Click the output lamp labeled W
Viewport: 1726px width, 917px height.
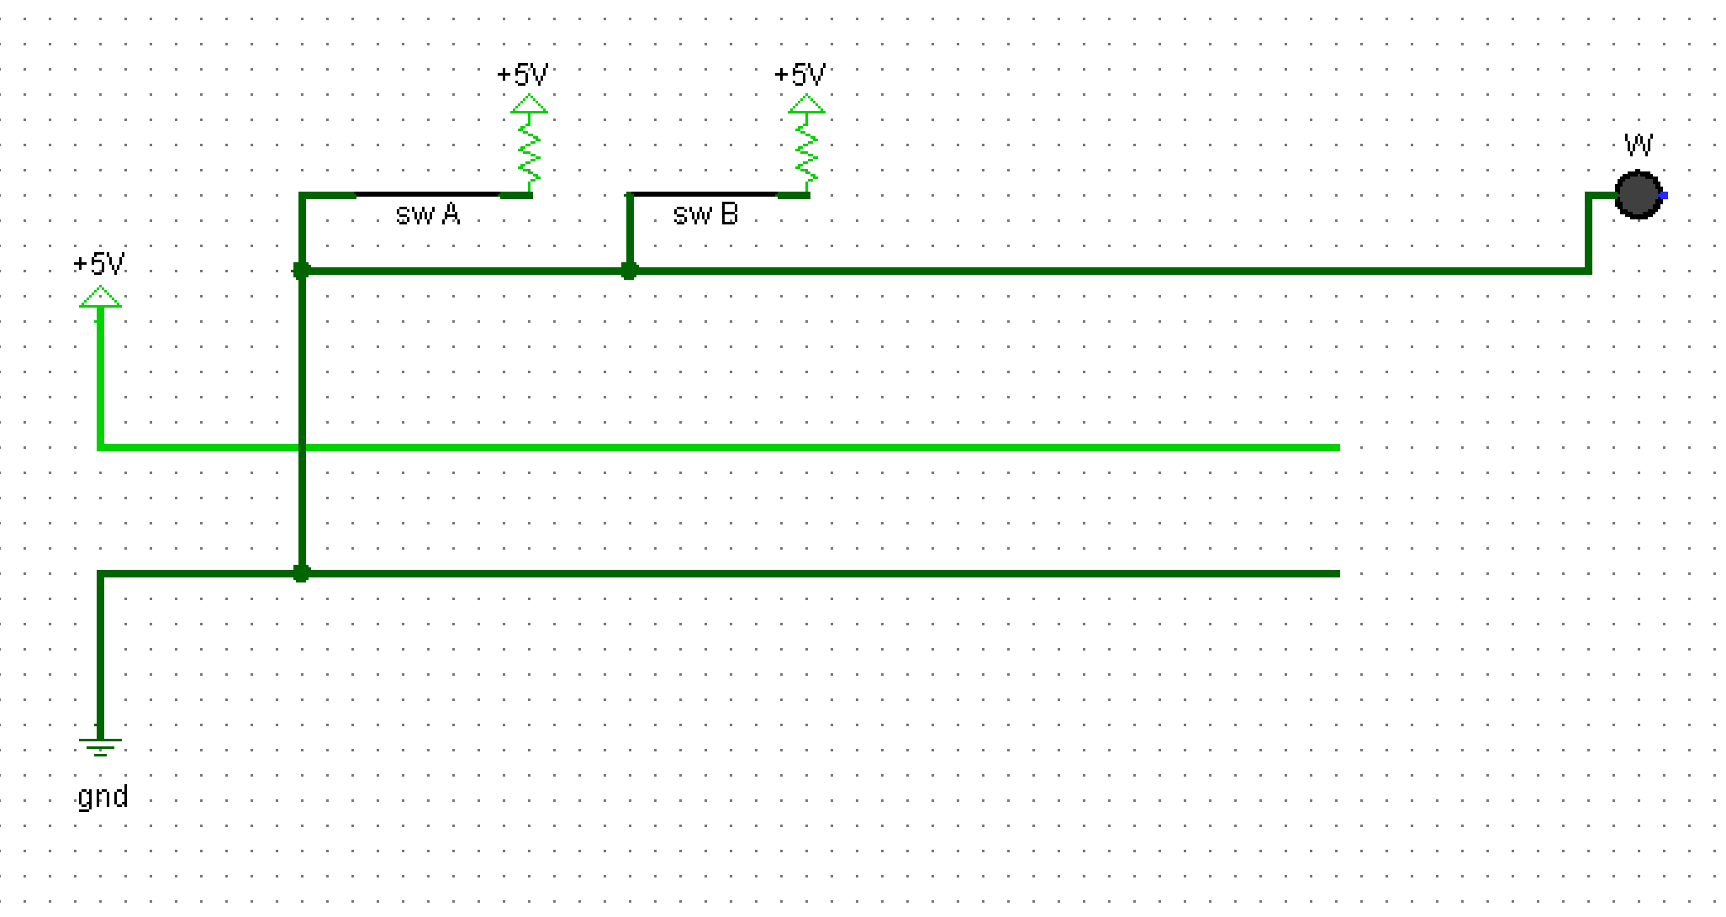[1638, 195]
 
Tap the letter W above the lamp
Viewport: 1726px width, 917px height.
[1639, 145]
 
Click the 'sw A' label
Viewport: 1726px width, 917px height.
[428, 214]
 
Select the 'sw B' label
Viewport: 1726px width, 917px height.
[705, 214]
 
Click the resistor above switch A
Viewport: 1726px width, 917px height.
[529, 151]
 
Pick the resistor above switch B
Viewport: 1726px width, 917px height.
[806, 151]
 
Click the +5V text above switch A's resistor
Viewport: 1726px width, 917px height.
[522, 75]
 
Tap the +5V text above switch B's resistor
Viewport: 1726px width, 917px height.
[800, 75]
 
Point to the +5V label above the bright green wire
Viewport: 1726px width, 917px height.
[99, 264]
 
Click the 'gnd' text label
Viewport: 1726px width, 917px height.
[103, 796]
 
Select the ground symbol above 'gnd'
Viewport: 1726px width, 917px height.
[100, 745]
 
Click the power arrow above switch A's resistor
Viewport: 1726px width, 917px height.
[529, 105]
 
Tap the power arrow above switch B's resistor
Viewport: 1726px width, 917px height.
[806, 105]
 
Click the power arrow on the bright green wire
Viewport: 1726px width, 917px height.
[100, 297]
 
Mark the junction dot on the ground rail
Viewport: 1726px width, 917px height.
[301, 573]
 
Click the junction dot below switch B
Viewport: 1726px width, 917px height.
[629, 271]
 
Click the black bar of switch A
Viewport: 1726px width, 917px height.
[428, 195]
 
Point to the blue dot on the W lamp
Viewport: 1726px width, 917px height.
[1664, 196]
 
